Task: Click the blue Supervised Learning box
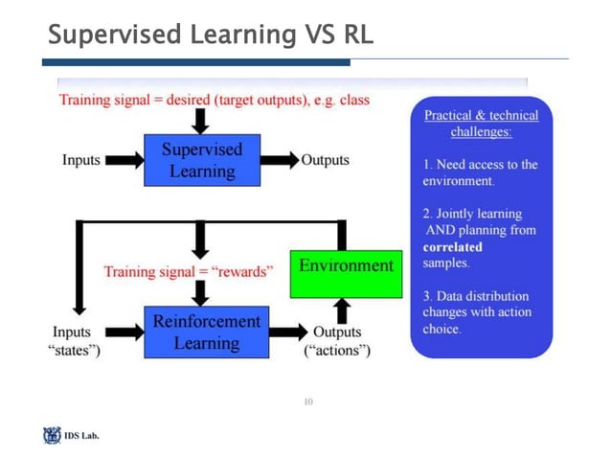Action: [x=201, y=160]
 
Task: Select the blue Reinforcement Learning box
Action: [x=206, y=332]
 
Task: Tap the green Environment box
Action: [x=346, y=265]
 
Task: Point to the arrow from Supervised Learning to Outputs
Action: [x=279, y=160]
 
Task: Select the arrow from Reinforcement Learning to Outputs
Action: [x=288, y=332]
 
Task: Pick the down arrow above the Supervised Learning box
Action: [x=200, y=121]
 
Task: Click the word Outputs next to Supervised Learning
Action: [x=326, y=160]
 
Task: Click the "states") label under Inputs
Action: [x=75, y=351]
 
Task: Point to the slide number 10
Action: [x=307, y=401]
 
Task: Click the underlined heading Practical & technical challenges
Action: [x=481, y=124]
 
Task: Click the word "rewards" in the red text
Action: [x=242, y=271]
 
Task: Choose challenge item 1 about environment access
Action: [x=480, y=172]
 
